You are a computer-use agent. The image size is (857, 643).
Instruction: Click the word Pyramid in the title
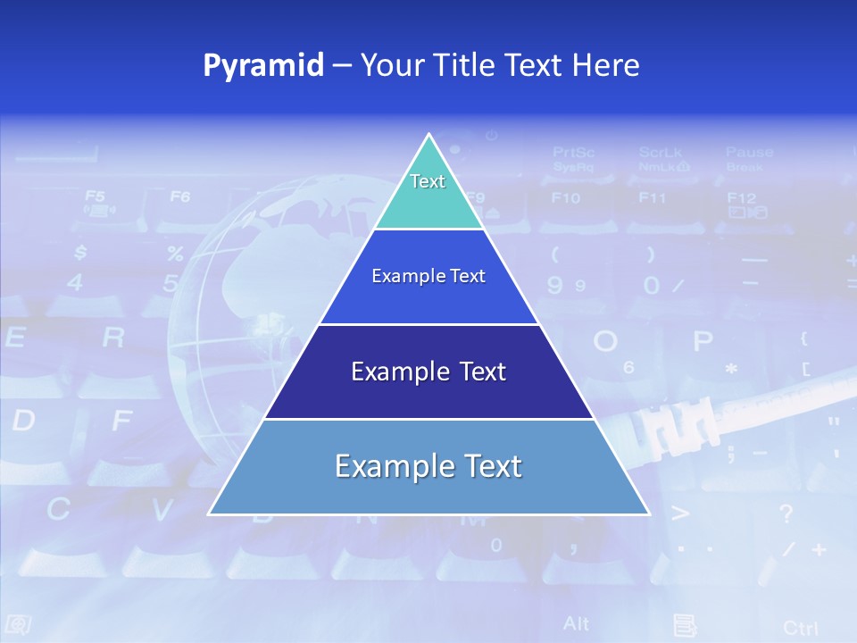click(263, 66)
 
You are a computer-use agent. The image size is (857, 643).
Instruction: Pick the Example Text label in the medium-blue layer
click(428, 276)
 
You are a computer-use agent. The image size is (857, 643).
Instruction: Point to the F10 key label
click(565, 198)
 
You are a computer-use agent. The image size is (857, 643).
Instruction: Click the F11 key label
click(652, 198)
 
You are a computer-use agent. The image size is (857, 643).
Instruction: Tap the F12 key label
click(741, 198)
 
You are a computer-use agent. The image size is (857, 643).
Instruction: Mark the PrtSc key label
click(573, 153)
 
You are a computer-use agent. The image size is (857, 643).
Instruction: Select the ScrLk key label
click(661, 153)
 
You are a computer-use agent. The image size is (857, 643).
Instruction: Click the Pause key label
click(749, 153)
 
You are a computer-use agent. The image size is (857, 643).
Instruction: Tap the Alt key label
click(576, 623)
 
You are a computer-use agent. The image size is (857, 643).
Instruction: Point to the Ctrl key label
click(800, 628)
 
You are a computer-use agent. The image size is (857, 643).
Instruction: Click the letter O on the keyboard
click(605, 341)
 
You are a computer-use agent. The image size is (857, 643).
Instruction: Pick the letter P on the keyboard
click(703, 341)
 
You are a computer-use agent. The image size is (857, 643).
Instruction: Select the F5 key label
click(95, 196)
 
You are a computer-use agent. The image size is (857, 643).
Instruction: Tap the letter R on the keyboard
click(113, 338)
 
